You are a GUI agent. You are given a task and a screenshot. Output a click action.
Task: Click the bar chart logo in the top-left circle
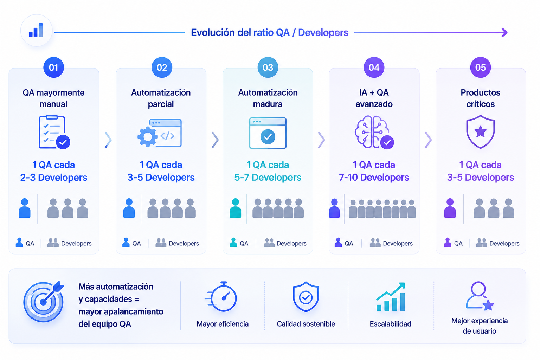[36, 30]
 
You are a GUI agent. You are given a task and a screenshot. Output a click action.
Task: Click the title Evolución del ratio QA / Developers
[270, 33]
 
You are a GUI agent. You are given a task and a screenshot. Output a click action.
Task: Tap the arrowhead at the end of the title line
[504, 33]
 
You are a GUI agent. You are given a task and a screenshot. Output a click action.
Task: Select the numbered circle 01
[53, 67]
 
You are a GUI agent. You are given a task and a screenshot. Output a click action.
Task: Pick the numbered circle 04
[374, 67]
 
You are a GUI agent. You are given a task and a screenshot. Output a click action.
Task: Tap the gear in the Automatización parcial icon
[147, 137]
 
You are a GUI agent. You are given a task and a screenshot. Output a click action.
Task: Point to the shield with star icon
[481, 131]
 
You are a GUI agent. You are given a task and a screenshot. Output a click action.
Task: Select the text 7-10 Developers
[374, 178]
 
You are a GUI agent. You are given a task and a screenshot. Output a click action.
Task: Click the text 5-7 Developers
[268, 178]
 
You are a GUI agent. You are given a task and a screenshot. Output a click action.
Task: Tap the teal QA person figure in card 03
[235, 208]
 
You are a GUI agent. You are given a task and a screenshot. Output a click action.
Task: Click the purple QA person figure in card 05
[450, 208]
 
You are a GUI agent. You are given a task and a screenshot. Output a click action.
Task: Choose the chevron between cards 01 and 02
[108, 140]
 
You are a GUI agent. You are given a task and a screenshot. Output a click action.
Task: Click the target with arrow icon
[44, 301]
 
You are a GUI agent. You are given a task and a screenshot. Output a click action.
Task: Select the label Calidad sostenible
[306, 324]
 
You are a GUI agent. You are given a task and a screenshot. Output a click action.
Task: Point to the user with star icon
[480, 296]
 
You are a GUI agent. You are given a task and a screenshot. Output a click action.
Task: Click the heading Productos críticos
[481, 98]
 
